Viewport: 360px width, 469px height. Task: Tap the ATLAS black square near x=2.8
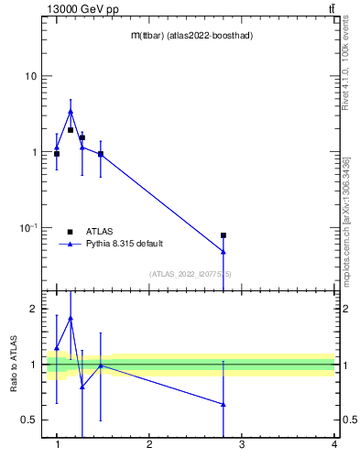(224, 235)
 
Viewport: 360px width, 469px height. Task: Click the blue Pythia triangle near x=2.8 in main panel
(224, 251)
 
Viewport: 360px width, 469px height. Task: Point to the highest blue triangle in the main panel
(71, 112)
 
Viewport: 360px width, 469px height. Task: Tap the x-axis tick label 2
(149, 445)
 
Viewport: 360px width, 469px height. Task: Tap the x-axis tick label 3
(242, 445)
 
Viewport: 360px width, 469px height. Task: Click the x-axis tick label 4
(334, 445)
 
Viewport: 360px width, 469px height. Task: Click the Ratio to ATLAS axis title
(12, 365)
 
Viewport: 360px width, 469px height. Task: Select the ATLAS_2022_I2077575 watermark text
(191, 274)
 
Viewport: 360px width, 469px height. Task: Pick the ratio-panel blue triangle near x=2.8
(224, 404)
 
